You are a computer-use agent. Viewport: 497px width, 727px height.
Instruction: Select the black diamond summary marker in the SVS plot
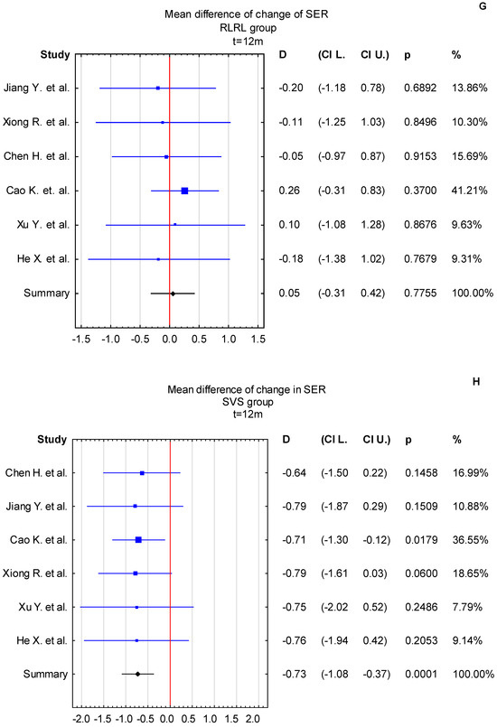pyautogui.click(x=137, y=674)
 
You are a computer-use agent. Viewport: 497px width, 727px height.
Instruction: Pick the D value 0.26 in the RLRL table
pyautogui.click(x=292, y=191)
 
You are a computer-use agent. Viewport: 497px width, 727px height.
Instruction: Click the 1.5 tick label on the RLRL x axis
pyautogui.click(x=258, y=340)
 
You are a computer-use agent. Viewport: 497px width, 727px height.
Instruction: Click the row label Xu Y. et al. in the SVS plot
pyautogui.click(x=48, y=607)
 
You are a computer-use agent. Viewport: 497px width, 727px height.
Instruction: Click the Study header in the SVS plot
pyautogui.click(x=52, y=440)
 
